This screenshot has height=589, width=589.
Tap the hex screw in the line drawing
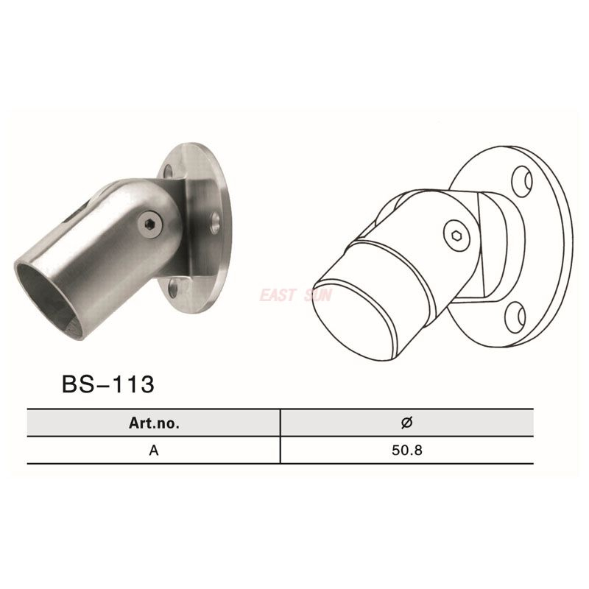tap(454, 235)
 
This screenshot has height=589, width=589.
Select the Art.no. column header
tap(153, 423)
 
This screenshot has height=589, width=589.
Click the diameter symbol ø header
tap(406, 423)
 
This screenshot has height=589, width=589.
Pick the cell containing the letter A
tap(153, 451)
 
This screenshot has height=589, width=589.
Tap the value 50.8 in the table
tap(406, 451)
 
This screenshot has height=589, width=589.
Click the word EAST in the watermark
tap(276, 295)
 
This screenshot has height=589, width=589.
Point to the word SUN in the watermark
tap(319, 295)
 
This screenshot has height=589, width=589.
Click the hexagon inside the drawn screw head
tap(454, 235)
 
